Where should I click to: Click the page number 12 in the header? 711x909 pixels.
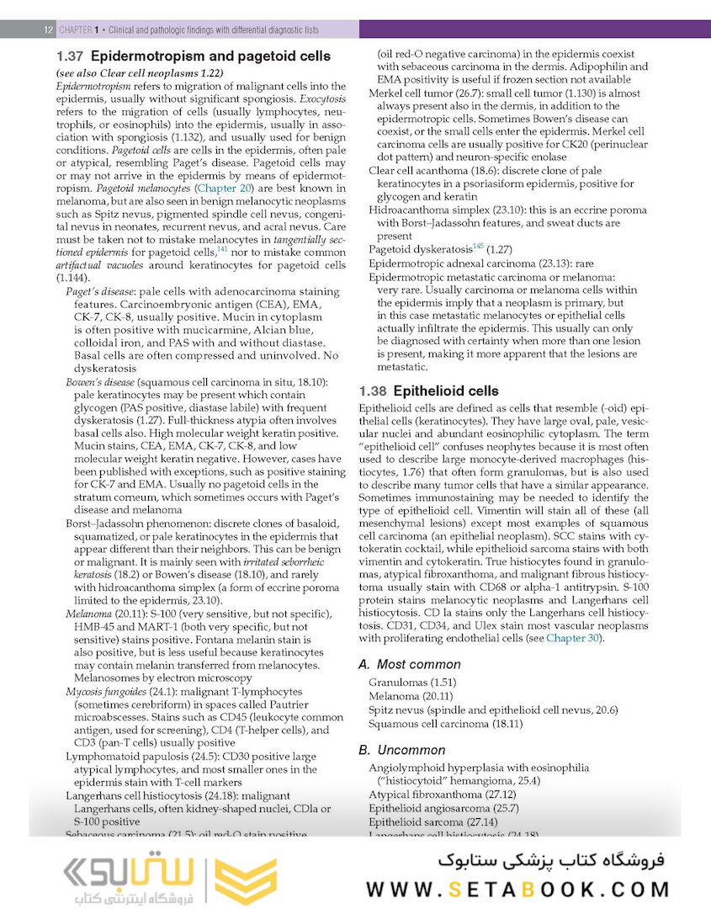click(x=48, y=29)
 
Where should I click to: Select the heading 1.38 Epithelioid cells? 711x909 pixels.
click(x=428, y=391)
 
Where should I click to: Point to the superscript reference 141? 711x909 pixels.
click(x=222, y=249)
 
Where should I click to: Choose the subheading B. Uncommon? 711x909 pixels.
click(x=401, y=750)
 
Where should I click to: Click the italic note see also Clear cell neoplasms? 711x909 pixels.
click(x=138, y=73)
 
